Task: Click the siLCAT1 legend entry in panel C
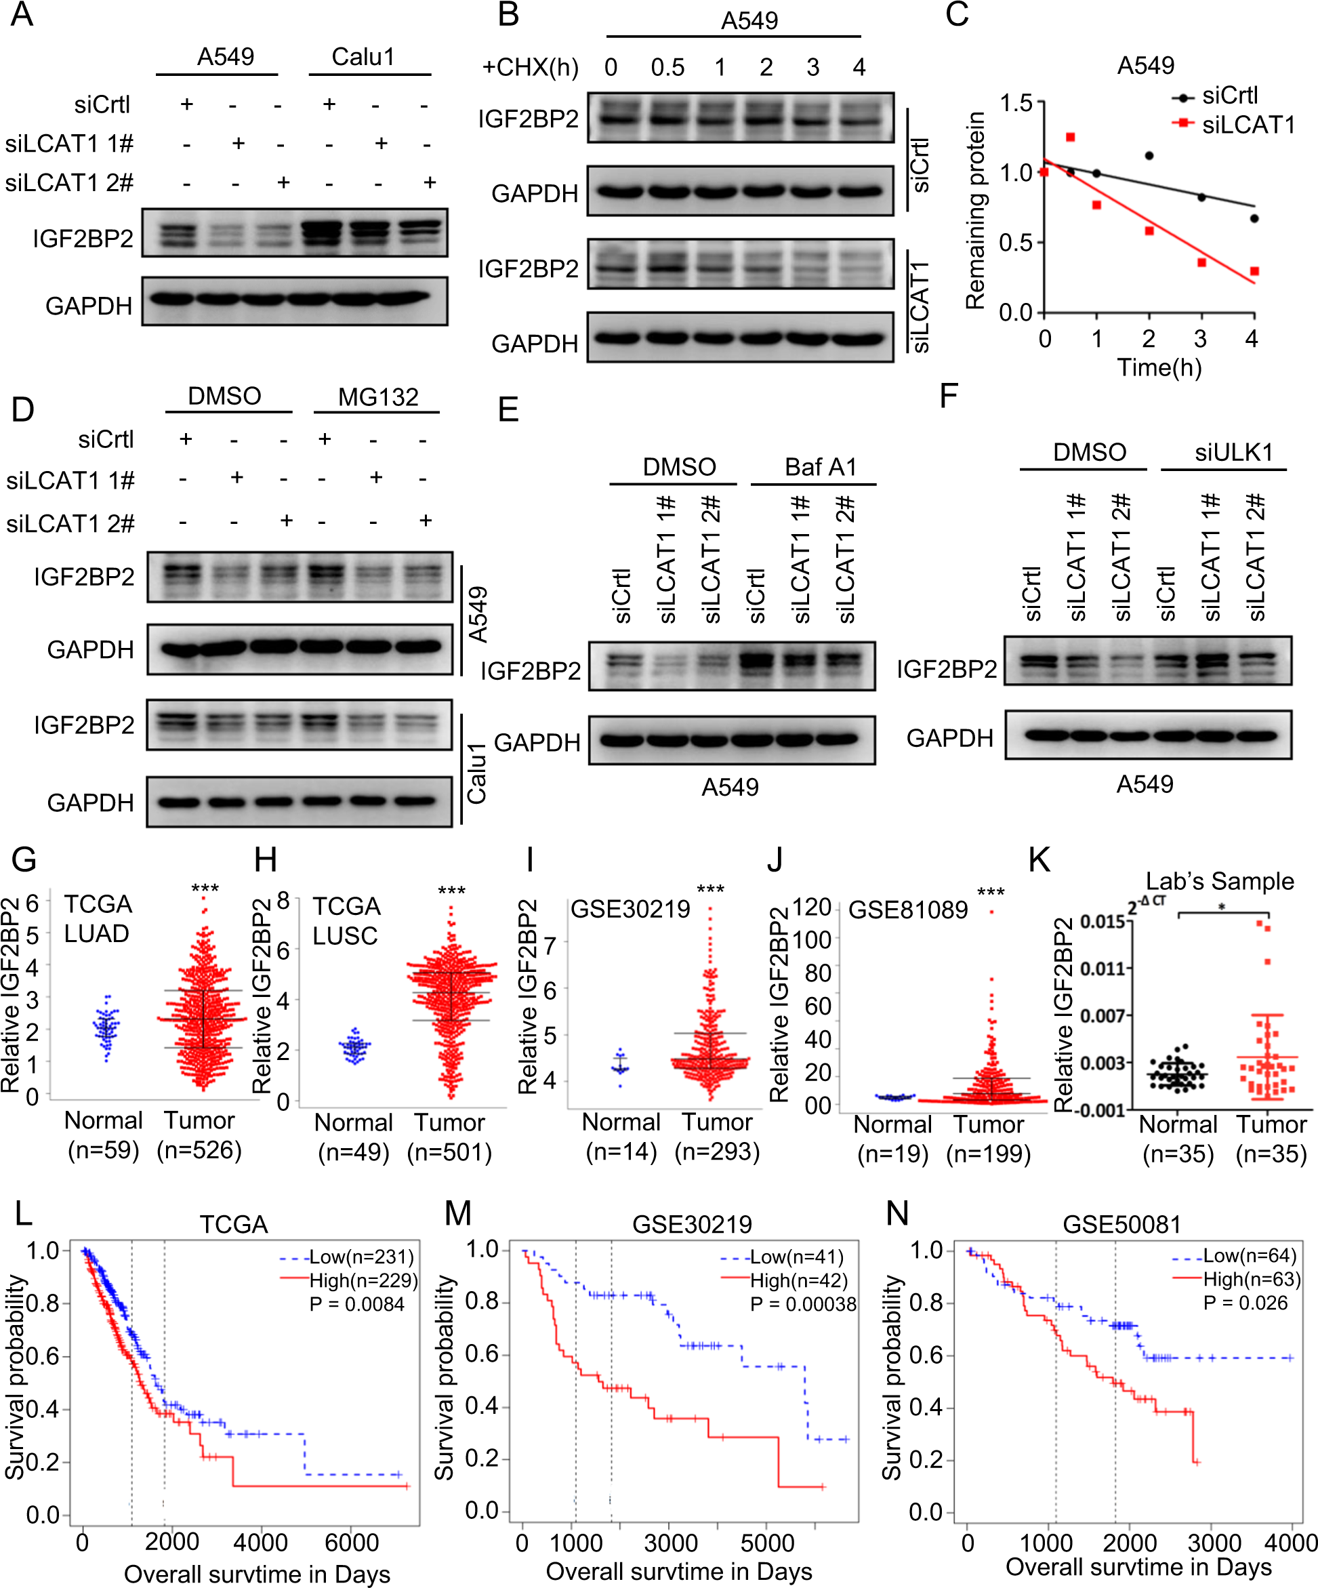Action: point(1248,124)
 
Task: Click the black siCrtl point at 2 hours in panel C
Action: point(1149,156)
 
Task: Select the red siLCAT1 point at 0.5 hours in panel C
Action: point(1070,137)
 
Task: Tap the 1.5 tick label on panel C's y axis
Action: point(1016,102)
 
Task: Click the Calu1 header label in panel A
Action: point(363,57)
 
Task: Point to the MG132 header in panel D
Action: point(377,396)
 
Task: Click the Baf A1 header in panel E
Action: point(820,466)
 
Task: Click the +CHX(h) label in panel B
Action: point(530,67)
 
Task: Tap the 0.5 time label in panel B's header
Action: point(667,67)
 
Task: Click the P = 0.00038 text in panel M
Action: point(802,1303)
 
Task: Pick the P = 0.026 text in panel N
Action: point(1245,1302)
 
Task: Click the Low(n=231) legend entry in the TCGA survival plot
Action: point(361,1256)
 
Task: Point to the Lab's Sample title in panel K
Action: point(1219,881)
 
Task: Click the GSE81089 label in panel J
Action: point(907,910)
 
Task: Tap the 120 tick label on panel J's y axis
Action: point(811,907)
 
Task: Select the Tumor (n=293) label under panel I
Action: point(716,1136)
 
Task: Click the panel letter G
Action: point(24,861)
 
